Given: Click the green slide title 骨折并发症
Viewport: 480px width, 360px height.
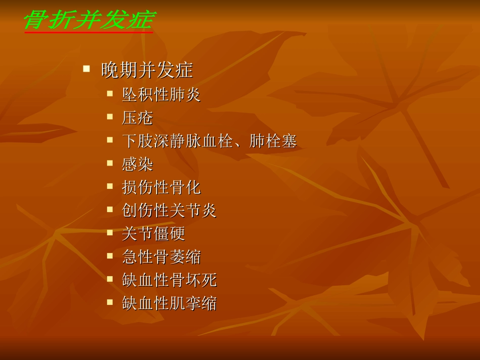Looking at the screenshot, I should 88,20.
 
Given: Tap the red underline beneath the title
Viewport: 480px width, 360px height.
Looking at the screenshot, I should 88,33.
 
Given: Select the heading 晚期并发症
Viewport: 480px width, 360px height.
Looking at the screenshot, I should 147,70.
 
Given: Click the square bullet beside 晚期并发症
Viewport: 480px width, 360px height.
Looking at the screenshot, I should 86,67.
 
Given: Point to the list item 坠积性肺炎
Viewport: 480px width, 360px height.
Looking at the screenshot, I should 161,94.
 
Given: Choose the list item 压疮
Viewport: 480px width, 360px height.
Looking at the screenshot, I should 137,118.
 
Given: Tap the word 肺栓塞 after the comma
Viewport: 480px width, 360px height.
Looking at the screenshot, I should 273,141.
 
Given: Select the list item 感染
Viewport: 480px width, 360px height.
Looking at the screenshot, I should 137,164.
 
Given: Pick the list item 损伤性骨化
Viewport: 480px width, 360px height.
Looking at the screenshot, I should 161,187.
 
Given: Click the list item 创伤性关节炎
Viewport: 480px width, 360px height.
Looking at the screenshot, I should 169,210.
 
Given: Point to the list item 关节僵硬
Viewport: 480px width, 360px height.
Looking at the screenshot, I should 153,233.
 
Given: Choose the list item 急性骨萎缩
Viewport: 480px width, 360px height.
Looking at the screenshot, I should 161,256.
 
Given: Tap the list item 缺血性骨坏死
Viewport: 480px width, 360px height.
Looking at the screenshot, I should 169,280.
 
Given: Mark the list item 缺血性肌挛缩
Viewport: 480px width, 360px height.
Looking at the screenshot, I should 169,303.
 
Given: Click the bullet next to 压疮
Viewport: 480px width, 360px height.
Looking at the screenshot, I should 110,116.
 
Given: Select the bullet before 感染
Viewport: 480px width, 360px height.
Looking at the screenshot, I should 110,163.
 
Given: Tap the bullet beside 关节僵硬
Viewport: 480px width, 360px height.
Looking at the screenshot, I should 110,232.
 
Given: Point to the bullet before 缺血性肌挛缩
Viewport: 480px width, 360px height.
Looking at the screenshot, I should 110,301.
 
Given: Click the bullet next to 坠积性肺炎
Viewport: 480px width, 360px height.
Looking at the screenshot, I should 110,93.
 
